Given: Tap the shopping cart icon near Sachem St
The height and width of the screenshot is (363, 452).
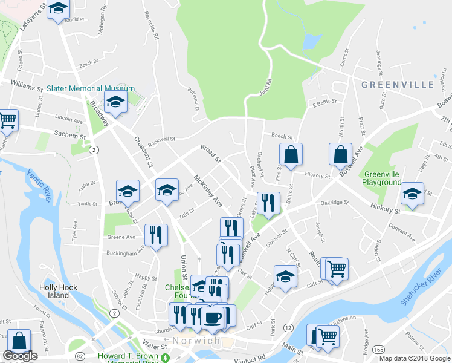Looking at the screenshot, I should click(7, 120).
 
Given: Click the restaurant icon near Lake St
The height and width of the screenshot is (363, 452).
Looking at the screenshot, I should click(268, 203).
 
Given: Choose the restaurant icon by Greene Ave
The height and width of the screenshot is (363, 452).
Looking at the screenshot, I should click(157, 234).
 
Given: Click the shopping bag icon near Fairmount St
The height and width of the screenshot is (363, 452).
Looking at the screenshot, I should click(19, 341).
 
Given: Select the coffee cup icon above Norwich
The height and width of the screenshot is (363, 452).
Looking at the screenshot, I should click(212, 317).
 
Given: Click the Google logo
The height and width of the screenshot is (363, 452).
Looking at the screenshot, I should click(20, 356).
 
